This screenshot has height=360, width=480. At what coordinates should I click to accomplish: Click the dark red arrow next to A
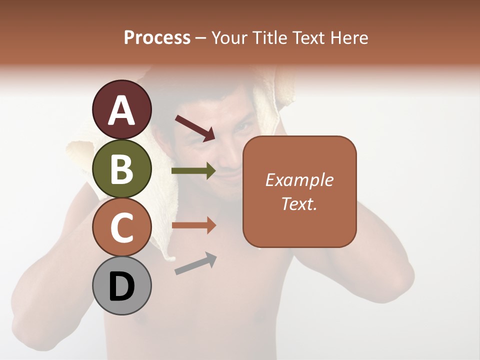pos(195,127)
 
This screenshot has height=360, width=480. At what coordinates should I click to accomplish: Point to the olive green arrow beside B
pos(193,171)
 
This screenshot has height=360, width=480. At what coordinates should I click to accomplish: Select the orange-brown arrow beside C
pos(193,225)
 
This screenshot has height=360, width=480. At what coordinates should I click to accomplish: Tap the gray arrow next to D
pos(195,263)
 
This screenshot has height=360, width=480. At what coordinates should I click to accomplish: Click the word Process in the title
pos(157,38)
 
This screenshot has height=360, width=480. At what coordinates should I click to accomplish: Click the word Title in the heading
pos(269,38)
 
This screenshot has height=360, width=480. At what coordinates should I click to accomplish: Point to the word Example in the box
pos(299,180)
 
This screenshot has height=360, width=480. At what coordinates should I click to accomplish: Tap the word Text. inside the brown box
pos(299,203)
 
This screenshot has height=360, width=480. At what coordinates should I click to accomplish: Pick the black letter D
pos(122,286)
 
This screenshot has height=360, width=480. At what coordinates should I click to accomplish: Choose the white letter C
pos(122,227)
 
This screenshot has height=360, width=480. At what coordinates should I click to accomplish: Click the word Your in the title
pos(230,38)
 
